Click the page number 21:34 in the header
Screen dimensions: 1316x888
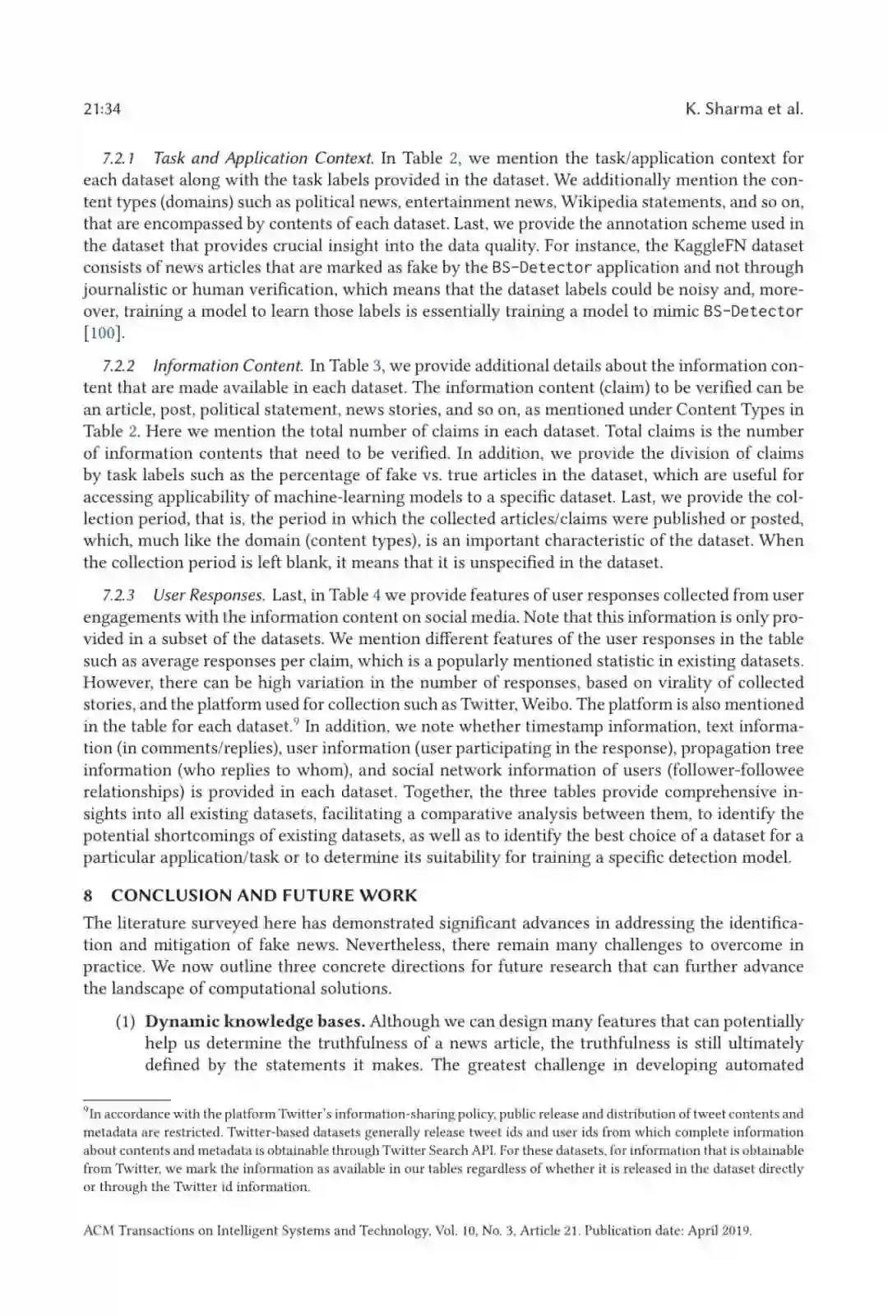102,109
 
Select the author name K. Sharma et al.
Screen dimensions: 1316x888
743,109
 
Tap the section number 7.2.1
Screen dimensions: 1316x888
119,159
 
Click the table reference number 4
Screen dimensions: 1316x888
377,595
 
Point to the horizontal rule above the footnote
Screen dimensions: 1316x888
127,1100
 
